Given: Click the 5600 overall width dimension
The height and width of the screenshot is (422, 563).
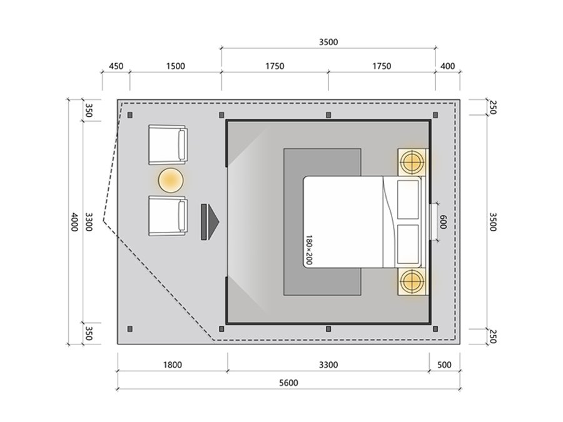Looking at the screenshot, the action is [x=288, y=383].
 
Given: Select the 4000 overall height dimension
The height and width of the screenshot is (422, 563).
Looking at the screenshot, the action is [x=74, y=222].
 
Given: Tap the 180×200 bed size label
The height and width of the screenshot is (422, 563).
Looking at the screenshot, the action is [x=309, y=249].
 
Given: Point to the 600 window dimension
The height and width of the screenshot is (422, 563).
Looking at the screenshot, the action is [x=443, y=222].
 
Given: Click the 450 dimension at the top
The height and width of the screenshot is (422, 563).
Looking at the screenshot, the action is [x=116, y=66].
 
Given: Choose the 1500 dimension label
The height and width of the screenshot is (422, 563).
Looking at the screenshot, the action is [x=176, y=66].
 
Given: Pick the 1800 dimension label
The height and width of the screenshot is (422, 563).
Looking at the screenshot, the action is [x=173, y=365].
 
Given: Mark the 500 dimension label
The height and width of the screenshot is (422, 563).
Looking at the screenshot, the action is [x=444, y=365].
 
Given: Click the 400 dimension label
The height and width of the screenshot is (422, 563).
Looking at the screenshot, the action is [x=447, y=66].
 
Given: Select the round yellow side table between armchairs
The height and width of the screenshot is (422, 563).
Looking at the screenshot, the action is [x=171, y=181].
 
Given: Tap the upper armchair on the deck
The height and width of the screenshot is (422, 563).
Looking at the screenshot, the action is [x=168, y=144].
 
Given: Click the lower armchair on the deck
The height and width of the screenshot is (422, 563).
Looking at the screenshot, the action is [x=168, y=216].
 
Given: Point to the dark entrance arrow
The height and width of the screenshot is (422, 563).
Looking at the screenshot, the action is [x=210, y=222].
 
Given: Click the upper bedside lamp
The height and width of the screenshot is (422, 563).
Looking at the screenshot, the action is [x=413, y=162].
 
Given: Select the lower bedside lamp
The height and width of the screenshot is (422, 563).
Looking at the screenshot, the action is [x=413, y=282].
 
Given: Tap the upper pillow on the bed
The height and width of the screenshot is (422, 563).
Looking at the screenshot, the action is [x=408, y=199].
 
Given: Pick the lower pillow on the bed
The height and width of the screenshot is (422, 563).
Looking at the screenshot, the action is [x=408, y=244].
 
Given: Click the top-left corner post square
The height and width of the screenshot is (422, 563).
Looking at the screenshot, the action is [x=130, y=115].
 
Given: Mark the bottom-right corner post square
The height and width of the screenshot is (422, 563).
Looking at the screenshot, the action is [x=435, y=329].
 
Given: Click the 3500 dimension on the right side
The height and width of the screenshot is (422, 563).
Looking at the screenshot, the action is [x=493, y=222].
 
